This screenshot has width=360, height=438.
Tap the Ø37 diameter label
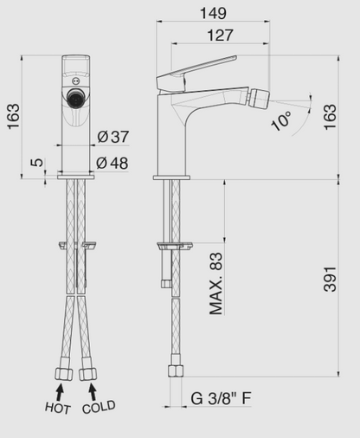pyautogui.click(x=113, y=136)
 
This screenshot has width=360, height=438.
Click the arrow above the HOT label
pyautogui.click(x=61, y=390)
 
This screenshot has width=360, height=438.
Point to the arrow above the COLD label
pyautogui.click(x=89, y=390)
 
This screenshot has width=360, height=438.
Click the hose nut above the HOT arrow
pyautogui.click(x=61, y=373)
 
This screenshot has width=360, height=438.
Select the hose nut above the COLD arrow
pyautogui.click(x=88, y=373)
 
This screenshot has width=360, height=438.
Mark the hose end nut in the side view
pyautogui.click(x=174, y=370)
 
